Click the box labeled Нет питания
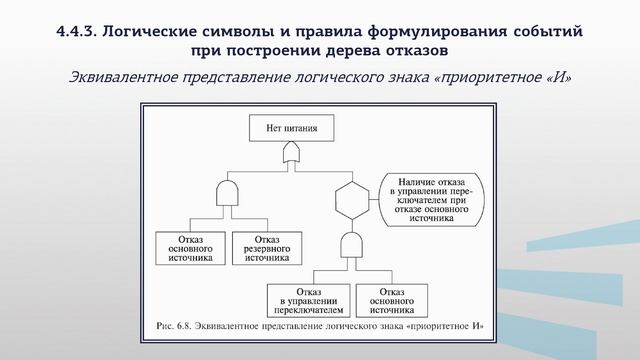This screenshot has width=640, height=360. [292, 129]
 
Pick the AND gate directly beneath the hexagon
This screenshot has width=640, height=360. [352, 245]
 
